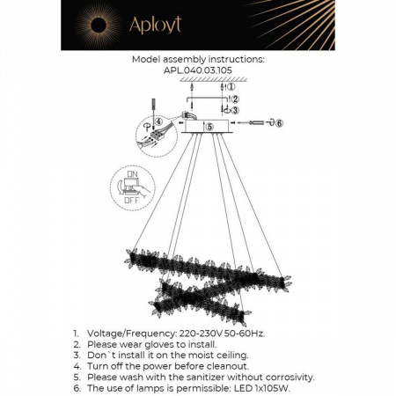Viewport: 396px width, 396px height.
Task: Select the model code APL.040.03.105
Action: click(197, 71)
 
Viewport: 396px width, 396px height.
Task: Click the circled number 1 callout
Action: click(231, 86)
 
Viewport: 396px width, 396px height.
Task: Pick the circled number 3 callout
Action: click(234, 110)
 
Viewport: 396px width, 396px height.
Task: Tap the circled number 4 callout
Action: click(158, 121)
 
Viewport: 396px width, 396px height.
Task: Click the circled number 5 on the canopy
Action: click(209, 127)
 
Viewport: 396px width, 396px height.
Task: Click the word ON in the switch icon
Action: click(133, 176)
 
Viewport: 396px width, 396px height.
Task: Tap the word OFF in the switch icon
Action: click(132, 201)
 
